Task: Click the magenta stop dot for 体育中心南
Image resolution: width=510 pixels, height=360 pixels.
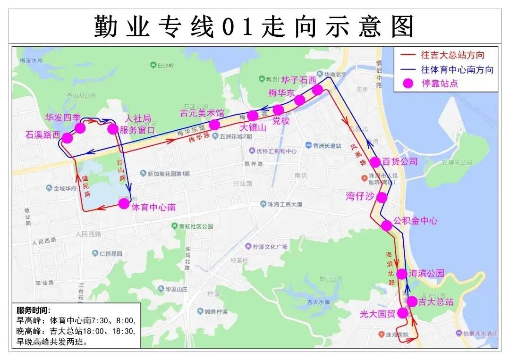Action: pyautogui.click(x=124, y=203)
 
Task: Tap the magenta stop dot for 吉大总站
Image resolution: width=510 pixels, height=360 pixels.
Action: pyautogui.click(x=412, y=301)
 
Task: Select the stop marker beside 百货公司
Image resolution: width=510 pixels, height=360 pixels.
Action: pyautogui.click(x=375, y=162)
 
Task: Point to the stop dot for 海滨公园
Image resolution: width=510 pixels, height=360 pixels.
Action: pyautogui.click(x=401, y=274)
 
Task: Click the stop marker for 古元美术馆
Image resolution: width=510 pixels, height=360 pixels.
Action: pyautogui.click(x=214, y=125)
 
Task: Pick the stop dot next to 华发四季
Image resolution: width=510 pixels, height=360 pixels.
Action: pyautogui.click(x=80, y=128)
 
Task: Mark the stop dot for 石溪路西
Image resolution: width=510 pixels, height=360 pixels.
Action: pyautogui.click(x=67, y=138)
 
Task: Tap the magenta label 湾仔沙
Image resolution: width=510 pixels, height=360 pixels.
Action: pyautogui.click(x=360, y=197)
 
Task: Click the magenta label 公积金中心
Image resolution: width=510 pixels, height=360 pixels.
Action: pyautogui.click(x=416, y=220)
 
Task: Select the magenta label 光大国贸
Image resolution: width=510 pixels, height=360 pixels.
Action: pyautogui.click(x=377, y=314)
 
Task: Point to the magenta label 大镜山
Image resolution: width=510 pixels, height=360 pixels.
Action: pyautogui.click(x=253, y=127)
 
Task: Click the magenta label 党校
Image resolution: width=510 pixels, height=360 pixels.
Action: pyautogui.click(x=281, y=120)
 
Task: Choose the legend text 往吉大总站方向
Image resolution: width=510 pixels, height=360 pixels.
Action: pyautogui.click(x=452, y=55)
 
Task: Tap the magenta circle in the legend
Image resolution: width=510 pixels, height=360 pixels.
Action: pyautogui.click(x=408, y=84)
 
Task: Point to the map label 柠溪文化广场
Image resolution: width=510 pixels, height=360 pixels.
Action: pyautogui.click(x=270, y=247)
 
